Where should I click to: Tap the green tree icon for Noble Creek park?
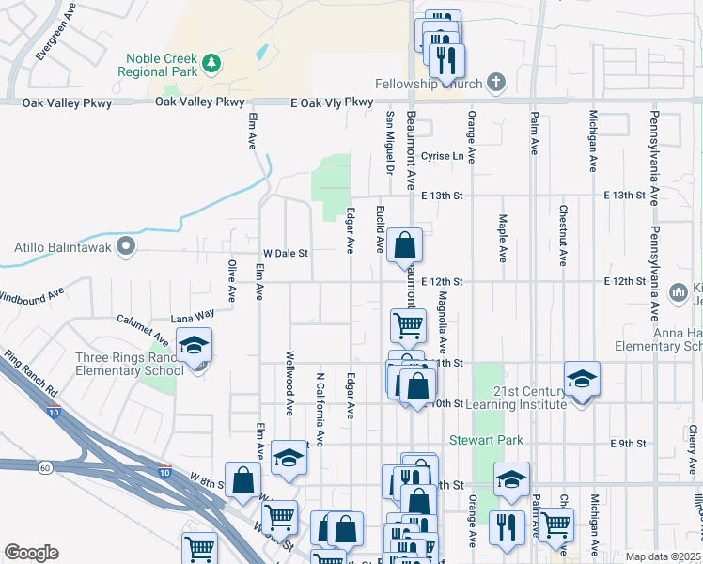click(213, 63)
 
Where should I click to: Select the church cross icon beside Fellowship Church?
click(496, 83)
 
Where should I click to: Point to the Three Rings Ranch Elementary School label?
click(130, 364)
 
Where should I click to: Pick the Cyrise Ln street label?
click(443, 156)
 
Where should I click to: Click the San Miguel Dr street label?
click(389, 141)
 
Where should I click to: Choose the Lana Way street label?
click(192, 318)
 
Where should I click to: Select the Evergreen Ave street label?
click(48, 38)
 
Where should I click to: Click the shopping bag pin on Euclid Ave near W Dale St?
click(403, 246)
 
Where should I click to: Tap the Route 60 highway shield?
click(44, 466)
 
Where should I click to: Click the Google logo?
click(31, 553)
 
